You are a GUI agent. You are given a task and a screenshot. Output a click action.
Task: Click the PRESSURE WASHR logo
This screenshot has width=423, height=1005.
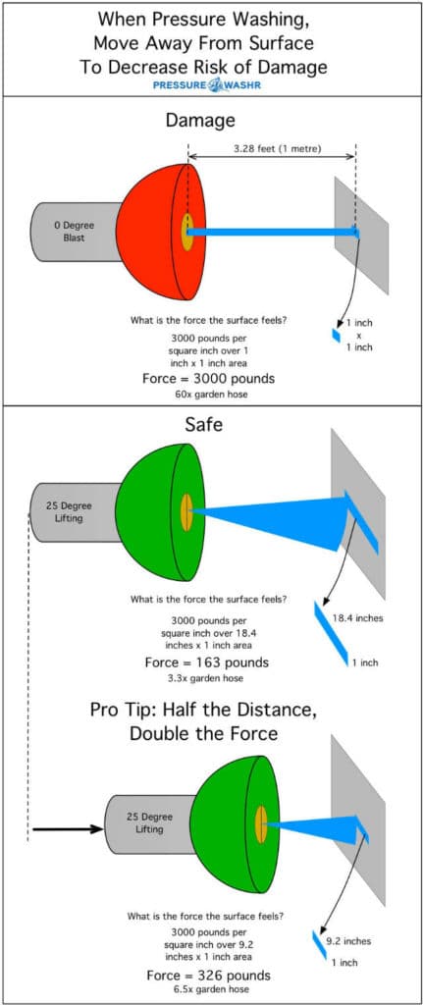tap(207, 85)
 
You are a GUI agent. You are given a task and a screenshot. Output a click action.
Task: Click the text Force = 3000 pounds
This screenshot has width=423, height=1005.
tap(208, 378)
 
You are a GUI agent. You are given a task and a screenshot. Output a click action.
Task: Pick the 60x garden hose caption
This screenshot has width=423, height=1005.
tap(208, 395)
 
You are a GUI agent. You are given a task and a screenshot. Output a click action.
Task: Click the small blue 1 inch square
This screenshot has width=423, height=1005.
tap(336, 336)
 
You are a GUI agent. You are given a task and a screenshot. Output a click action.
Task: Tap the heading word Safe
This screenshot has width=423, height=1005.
tap(204, 424)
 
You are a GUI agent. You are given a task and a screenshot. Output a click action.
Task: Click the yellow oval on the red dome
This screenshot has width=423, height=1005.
tap(187, 232)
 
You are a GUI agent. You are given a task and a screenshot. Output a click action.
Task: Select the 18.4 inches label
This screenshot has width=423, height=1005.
tap(357, 618)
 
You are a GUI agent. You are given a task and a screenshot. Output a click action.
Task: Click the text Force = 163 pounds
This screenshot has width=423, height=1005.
tap(207, 662)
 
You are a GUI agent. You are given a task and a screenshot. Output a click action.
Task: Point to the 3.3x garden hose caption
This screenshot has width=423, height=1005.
tap(206, 678)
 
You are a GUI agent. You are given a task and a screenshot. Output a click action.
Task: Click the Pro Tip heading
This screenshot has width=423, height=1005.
tap(204, 721)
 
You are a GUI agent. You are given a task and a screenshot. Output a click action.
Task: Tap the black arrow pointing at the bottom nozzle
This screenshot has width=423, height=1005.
tap(68, 828)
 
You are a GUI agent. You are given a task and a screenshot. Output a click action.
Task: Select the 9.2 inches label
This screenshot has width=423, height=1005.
tap(348, 941)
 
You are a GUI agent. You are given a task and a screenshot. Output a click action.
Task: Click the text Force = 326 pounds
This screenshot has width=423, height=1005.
tap(208, 976)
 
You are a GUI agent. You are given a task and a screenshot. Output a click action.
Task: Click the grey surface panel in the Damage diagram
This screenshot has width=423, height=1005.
tap(361, 236)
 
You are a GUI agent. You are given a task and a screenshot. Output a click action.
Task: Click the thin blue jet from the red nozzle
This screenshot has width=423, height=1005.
tap(274, 232)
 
